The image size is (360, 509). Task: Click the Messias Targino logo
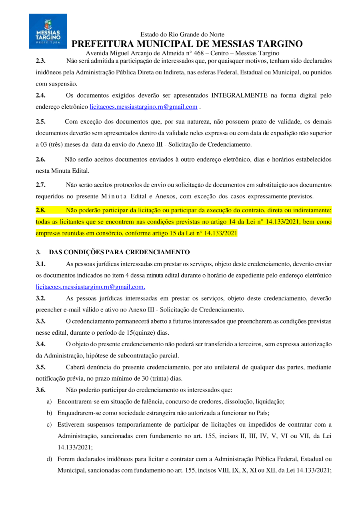coord(48,31)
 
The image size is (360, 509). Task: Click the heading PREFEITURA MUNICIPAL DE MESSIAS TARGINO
coord(187,44)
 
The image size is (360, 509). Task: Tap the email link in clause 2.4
coord(144,107)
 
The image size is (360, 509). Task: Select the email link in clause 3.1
coord(90,287)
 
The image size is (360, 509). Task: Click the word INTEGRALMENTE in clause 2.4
coord(239,96)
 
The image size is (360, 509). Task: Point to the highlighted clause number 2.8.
coord(40,210)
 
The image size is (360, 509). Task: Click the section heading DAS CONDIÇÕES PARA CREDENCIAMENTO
coord(119,252)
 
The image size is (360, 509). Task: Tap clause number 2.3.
coord(40,61)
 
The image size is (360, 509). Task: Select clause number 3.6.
coord(40,389)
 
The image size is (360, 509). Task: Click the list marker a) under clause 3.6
coord(49,401)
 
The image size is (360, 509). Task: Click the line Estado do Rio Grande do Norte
coord(182,35)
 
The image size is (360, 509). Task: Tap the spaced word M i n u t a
coord(114,196)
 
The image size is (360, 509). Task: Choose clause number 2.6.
coord(40,160)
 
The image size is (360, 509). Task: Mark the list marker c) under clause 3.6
coord(49,424)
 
